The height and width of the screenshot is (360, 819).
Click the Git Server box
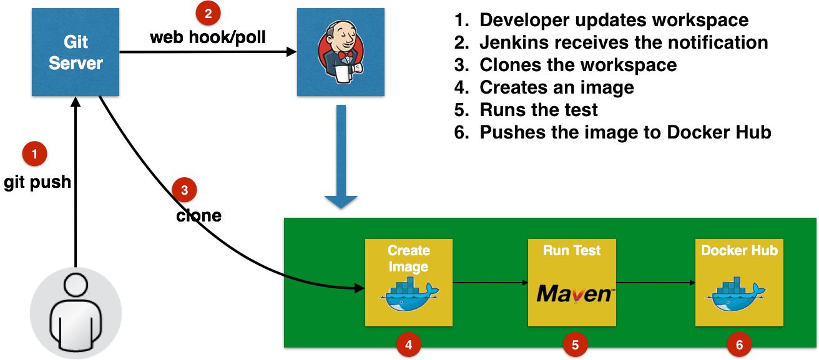pos(76,53)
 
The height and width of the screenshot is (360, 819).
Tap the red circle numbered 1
pos(34,153)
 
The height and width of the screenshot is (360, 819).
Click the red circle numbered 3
pos(184,190)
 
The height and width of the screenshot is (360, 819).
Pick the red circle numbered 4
pos(408,344)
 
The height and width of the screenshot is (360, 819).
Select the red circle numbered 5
pos(576,344)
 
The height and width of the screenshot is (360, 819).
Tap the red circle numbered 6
pos(739,344)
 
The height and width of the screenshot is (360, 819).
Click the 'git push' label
pos(37,183)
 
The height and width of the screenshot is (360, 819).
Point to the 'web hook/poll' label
pos(208,37)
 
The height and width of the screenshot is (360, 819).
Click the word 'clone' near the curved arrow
pos(199,216)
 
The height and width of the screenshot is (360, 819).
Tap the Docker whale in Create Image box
pos(408,294)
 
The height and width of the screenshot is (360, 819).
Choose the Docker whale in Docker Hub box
pos(739,294)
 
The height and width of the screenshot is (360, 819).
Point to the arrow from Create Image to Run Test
pos(489,283)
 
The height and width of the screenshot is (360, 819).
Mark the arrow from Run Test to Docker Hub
pos(655,283)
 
